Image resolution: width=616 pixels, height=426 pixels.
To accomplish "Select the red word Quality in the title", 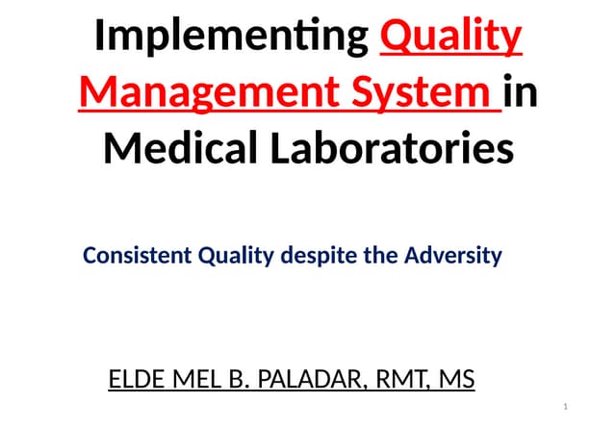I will click(x=452, y=38).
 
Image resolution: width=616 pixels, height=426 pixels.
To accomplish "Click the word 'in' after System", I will click(x=521, y=94).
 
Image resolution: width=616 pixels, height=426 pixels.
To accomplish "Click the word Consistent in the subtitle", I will click(x=138, y=256).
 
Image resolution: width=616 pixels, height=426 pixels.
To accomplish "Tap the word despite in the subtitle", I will click(x=319, y=257).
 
